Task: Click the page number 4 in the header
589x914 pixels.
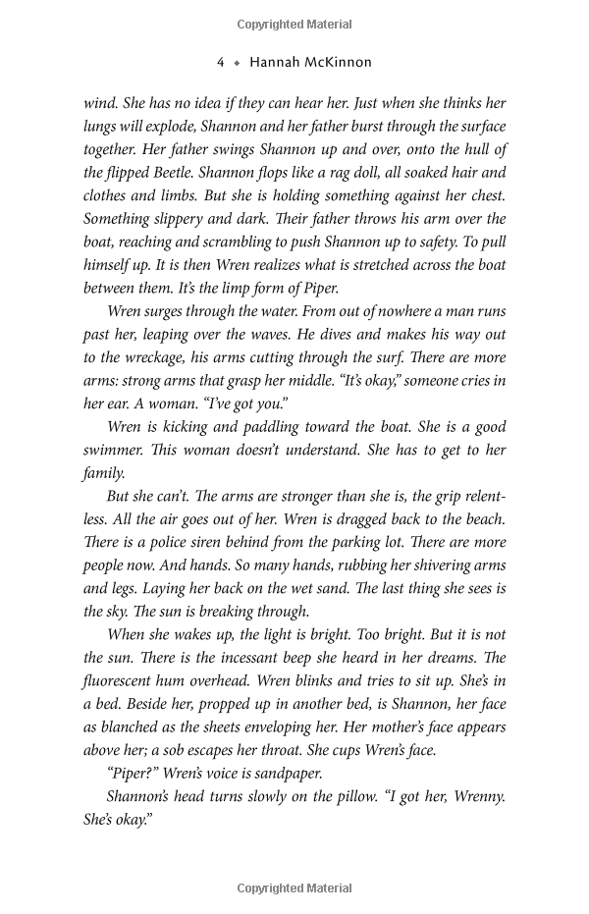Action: tap(221, 62)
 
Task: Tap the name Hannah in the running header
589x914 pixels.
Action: tap(276, 62)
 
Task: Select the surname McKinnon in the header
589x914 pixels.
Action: tap(339, 62)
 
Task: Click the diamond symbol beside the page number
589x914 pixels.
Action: tap(237, 62)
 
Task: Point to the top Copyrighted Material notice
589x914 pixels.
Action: tap(294, 23)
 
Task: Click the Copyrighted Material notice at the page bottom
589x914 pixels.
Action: tap(294, 888)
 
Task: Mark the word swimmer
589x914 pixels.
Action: tap(115, 450)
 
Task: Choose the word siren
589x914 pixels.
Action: tap(236, 542)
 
